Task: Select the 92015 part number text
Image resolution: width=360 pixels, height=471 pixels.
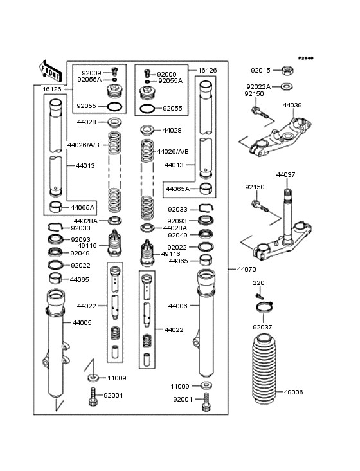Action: coord(260,70)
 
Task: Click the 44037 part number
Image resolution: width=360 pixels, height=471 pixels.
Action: coord(286,174)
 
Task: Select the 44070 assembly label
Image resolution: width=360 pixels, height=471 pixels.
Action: coord(246,268)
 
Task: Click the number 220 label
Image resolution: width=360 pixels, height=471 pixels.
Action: coord(258,282)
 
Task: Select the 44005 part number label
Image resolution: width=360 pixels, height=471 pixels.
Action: coord(81,322)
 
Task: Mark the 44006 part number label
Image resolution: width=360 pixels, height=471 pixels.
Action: coord(177,306)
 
